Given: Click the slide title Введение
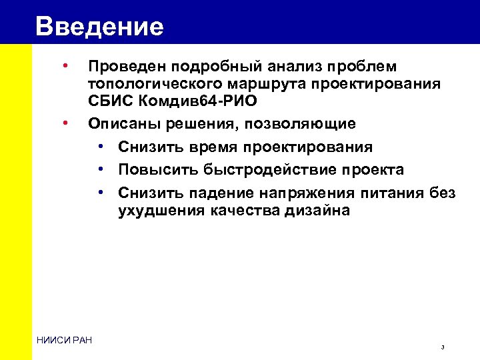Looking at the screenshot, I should [100, 27].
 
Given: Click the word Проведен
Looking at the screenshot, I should [128, 67].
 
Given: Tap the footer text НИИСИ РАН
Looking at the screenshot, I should [65, 341].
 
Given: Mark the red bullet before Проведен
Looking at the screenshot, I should [65, 66].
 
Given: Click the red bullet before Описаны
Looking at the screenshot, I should [65, 123].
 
